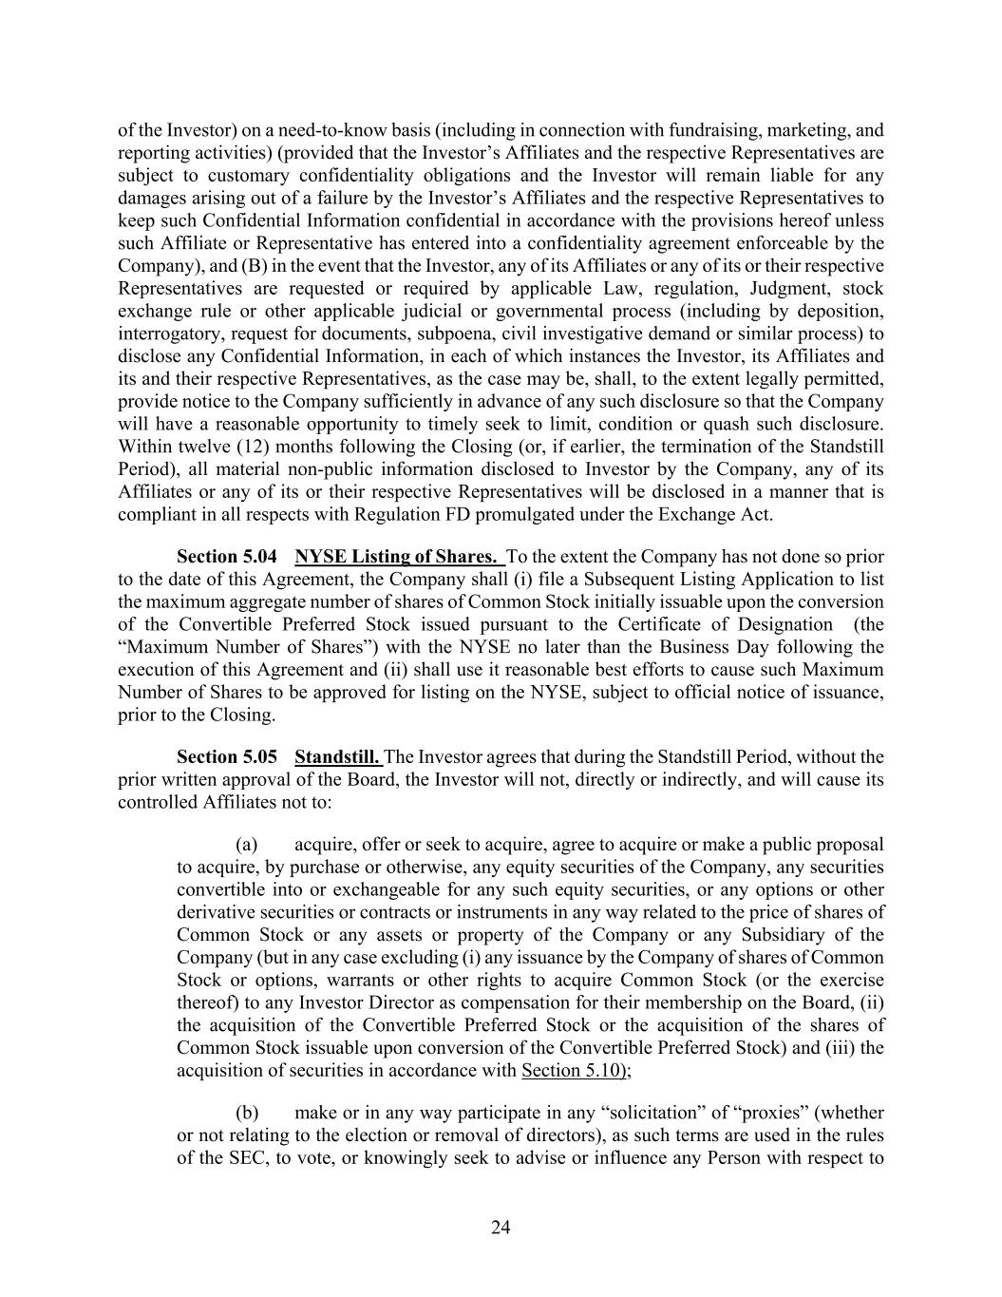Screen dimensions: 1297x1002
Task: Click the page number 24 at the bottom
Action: (x=501, y=1228)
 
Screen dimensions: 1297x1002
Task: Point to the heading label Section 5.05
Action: (x=227, y=757)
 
